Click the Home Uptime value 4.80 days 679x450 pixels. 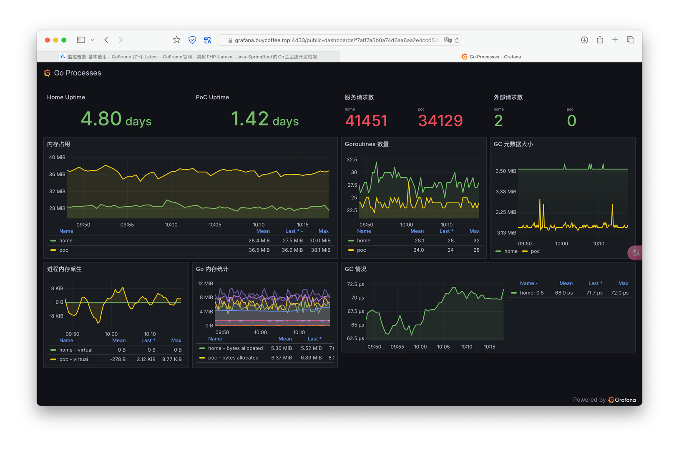coord(116,119)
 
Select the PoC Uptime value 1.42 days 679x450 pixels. coord(264,119)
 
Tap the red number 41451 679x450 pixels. coord(366,121)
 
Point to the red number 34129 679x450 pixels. coord(440,121)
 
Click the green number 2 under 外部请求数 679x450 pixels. coord(498,121)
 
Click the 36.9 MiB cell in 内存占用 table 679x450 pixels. coord(292,250)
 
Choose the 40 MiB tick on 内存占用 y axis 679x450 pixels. coord(57,157)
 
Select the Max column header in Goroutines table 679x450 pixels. coord(474,231)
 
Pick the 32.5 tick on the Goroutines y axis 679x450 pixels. coord(352,160)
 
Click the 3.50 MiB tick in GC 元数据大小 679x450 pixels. coord(505,171)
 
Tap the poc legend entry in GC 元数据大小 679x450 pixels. coord(535,251)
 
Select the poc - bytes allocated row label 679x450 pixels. coord(233,357)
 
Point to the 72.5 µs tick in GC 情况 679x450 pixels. coord(355,285)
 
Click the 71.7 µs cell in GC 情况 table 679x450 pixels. coord(594,293)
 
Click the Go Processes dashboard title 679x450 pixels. coord(78,73)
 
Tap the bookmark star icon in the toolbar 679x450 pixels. coord(176,40)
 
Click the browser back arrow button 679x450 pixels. coord(106,40)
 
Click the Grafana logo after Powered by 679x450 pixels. coord(622,400)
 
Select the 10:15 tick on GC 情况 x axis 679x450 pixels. coord(489,347)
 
